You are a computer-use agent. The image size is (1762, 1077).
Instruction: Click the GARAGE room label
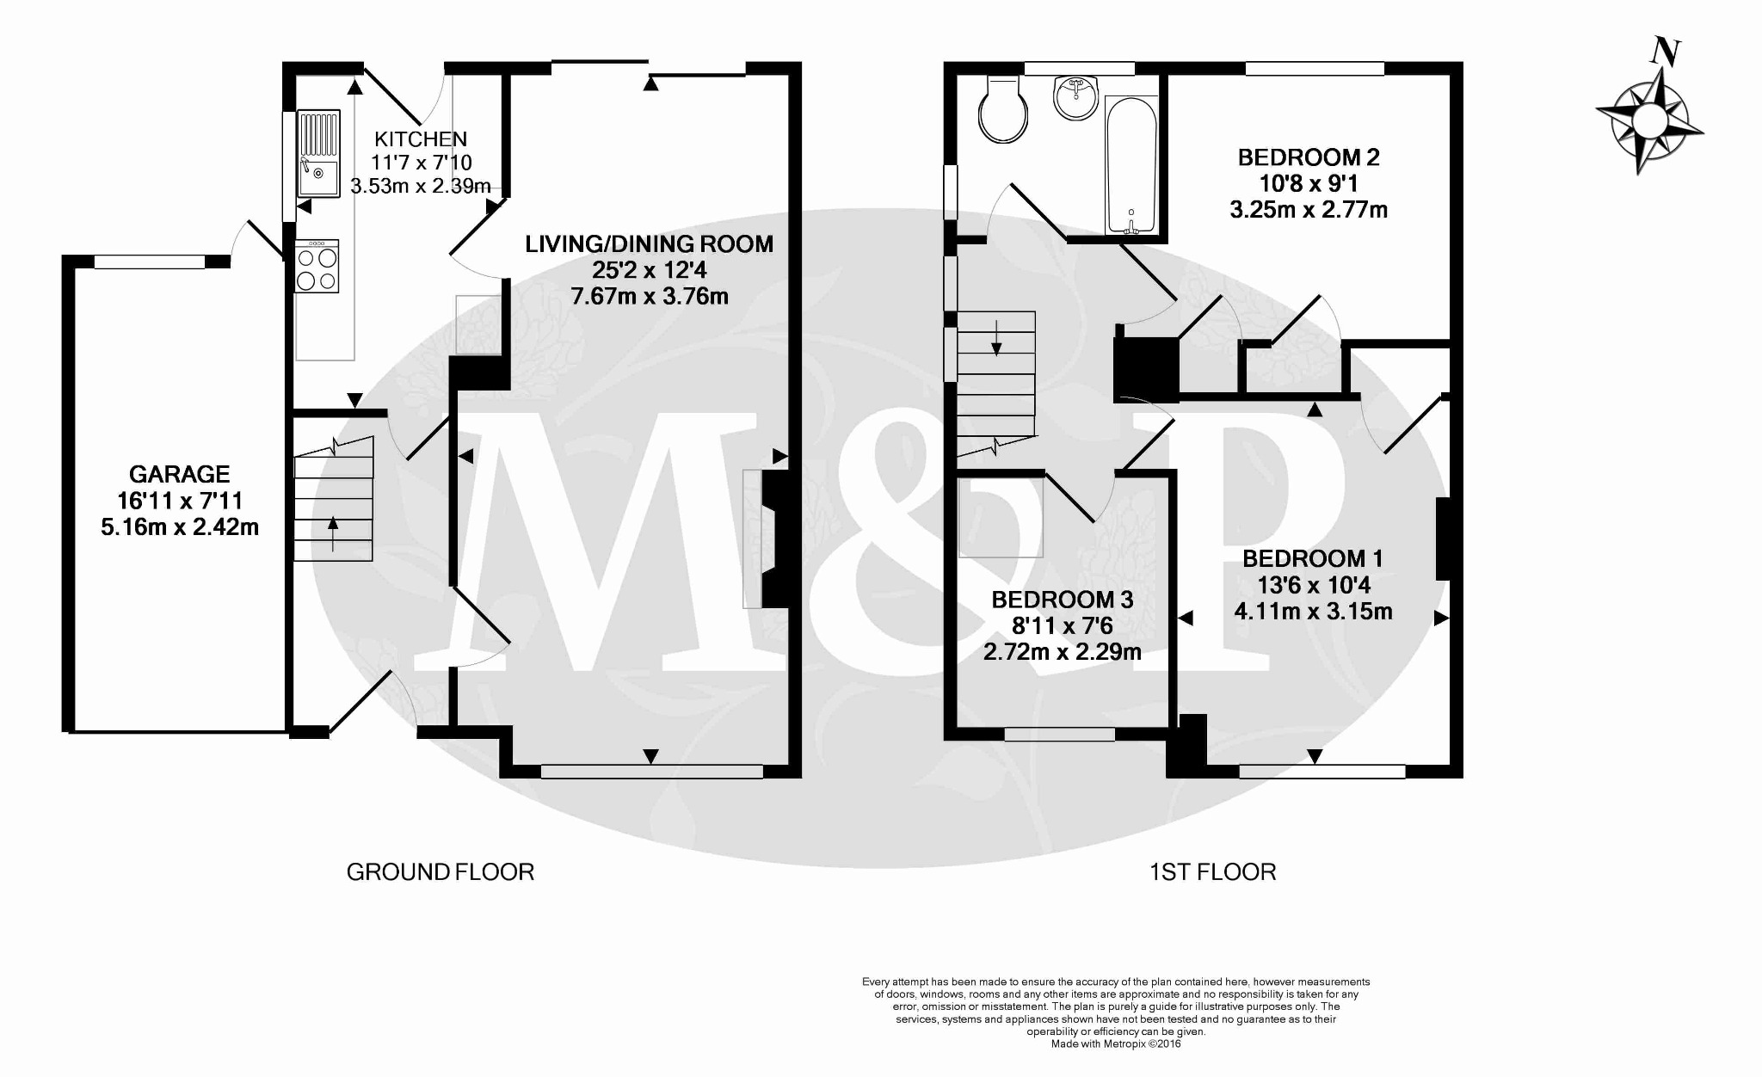point(179,474)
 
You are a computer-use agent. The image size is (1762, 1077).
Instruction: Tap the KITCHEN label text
point(421,138)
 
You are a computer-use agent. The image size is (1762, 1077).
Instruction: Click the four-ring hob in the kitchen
point(317,268)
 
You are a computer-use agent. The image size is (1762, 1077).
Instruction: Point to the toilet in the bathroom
point(1003,112)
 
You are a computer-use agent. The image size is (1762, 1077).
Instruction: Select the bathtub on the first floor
point(1131,166)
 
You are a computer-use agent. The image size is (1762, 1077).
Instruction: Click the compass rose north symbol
point(1649,119)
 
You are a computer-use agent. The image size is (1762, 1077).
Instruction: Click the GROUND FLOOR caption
point(440,872)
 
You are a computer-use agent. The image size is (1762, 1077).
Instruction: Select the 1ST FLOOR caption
point(1212,872)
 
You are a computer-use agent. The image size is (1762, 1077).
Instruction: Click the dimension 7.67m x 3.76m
point(650,297)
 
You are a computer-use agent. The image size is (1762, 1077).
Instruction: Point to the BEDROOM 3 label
point(1062,600)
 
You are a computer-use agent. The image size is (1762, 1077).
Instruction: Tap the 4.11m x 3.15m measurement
point(1313,612)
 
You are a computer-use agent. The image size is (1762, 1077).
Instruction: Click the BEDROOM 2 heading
point(1308,157)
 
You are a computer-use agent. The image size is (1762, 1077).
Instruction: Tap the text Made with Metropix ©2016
point(1116,1043)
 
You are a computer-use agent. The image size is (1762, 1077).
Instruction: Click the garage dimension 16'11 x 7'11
point(179,501)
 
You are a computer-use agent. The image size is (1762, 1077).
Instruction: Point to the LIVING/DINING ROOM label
point(650,243)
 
